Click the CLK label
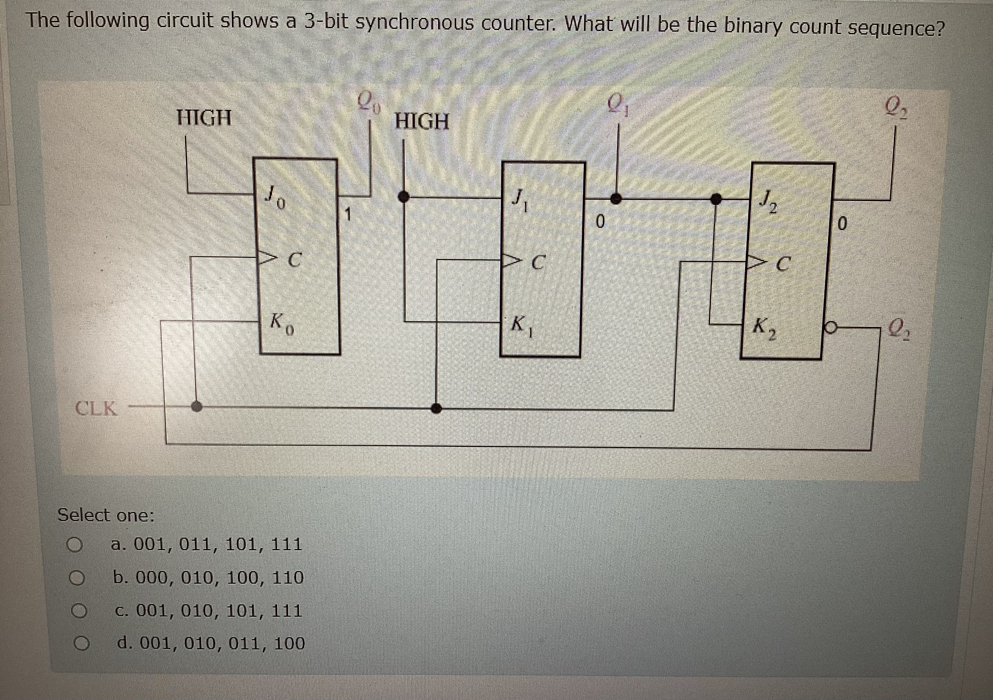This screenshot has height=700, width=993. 96,408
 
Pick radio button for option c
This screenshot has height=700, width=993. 80,611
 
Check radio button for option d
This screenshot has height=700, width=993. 81,644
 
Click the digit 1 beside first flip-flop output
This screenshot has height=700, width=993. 347,214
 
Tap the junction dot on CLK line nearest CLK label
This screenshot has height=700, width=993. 197,406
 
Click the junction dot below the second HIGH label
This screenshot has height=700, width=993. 404,197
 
